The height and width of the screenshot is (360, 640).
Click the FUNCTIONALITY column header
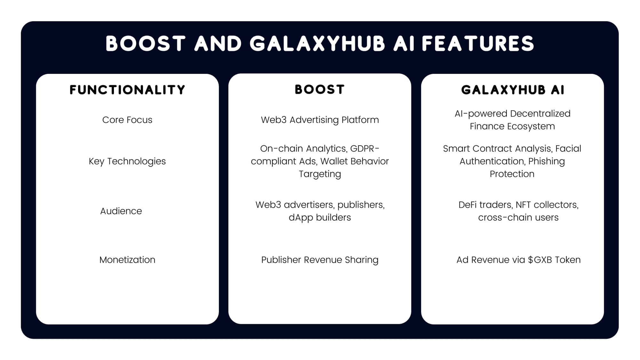click(x=127, y=90)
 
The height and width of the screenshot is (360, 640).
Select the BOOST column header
click(x=320, y=90)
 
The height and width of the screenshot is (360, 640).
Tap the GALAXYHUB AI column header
click(x=513, y=90)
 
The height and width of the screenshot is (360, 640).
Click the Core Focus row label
click(x=127, y=120)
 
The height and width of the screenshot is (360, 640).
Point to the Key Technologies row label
click(x=127, y=161)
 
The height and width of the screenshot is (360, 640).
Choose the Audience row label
click(x=121, y=211)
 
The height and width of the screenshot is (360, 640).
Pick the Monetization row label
click(x=127, y=260)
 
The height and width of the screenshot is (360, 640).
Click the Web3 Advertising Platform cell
click(x=320, y=120)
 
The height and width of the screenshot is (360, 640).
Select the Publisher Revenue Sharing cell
click(x=320, y=260)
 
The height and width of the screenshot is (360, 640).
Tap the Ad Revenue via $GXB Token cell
click(x=518, y=260)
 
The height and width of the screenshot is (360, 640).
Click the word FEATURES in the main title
click(x=478, y=44)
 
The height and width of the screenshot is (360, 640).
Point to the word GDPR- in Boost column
click(x=365, y=148)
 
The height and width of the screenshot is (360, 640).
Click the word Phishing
click(x=547, y=161)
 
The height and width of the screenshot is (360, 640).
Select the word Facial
click(x=568, y=148)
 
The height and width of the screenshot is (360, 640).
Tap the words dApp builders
click(x=320, y=218)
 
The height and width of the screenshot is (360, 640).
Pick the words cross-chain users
click(x=518, y=218)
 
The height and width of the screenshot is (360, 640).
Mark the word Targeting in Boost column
click(x=320, y=174)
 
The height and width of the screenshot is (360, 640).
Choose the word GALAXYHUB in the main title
click(x=317, y=44)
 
